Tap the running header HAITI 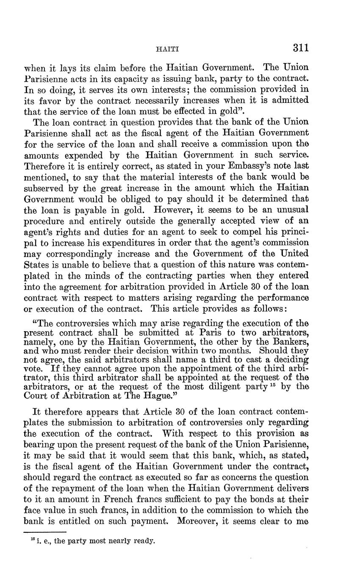[168, 50]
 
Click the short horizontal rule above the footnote [45, 531]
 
